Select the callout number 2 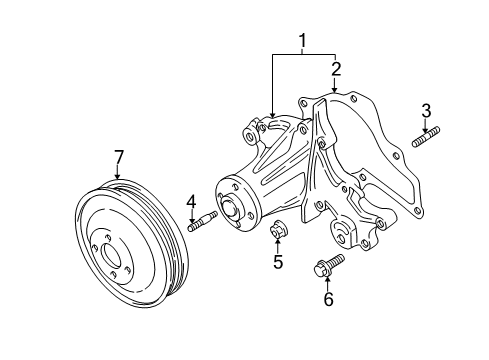pyautogui.click(x=336, y=69)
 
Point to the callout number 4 pyautogui.click(x=189, y=201)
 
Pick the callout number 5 pyautogui.click(x=279, y=264)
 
